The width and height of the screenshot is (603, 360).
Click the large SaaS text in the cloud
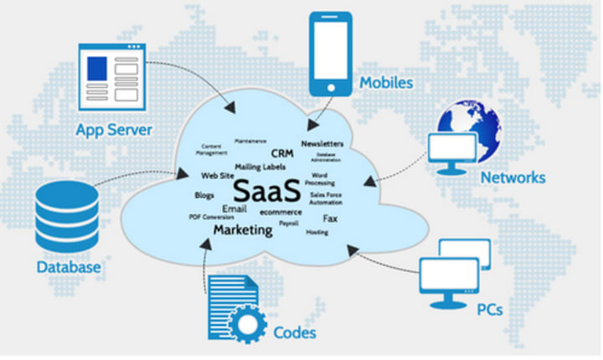(267, 190)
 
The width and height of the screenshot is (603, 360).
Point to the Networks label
(513, 177)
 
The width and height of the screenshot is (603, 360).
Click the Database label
(69, 268)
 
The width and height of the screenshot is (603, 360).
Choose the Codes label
(295, 333)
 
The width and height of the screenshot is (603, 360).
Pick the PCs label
(489, 309)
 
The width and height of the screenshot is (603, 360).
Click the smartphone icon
(328, 52)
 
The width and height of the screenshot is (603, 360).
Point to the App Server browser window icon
(111, 78)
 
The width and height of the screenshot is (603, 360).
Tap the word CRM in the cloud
(281, 153)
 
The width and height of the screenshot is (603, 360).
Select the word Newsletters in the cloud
(322, 144)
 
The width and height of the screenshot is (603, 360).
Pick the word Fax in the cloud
(330, 218)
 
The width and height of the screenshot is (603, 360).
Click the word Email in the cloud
(234, 208)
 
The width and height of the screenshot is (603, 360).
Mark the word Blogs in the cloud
(204, 194)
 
